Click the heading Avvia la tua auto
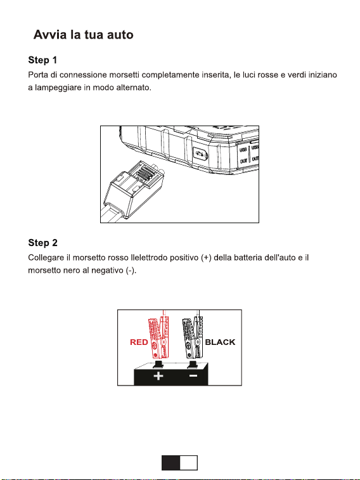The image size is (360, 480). [x=83, y=35]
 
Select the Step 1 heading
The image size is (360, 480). [x=42, y=60]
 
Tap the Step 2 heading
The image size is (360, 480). [x=42, y=243]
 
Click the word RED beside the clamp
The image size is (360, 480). [x=139, y=342]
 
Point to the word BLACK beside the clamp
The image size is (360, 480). [x=220, y=342]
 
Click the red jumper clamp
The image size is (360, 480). [x=158, y=337]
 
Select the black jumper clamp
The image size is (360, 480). [x=193, y=337]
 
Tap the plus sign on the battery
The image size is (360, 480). [x=158, y=375]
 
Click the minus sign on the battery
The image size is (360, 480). [x=193, y=375]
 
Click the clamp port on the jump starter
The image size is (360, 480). [x=200, y=154]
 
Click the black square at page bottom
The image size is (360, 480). [x=170, y=462]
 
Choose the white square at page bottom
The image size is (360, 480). [x=188, y=462]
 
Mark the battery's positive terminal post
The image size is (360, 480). [x=158, y=363]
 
